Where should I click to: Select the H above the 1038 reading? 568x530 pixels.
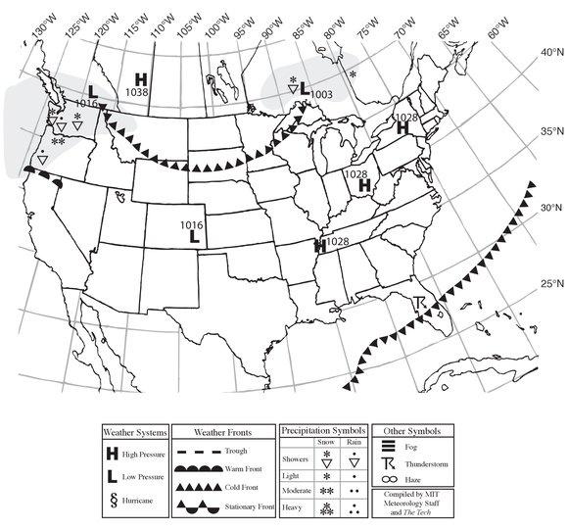141,77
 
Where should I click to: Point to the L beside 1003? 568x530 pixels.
305,88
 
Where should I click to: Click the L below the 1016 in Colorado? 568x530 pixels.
195,236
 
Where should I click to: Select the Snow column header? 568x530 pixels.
327,443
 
